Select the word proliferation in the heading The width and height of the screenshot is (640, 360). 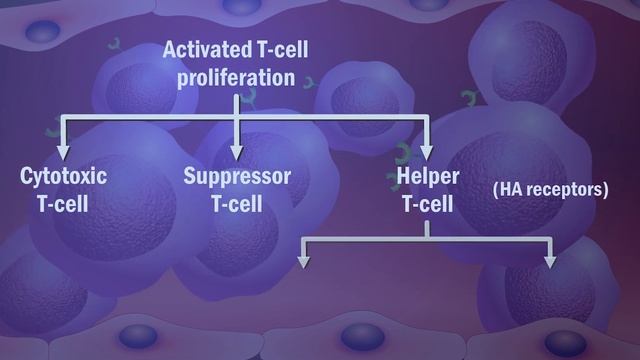(x=236, y=77)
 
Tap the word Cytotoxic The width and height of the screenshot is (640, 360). (x=64, y=178)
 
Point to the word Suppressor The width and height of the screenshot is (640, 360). (x=237, y=178)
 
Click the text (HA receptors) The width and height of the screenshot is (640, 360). (x=550, y=189)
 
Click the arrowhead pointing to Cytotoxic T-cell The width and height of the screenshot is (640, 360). (x=62, y=151)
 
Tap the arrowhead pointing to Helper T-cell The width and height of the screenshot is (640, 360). (x=427, y=151)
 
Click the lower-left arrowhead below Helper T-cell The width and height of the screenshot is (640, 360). (x=305, y=262)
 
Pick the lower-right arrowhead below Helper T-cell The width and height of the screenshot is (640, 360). (x=551, y=262)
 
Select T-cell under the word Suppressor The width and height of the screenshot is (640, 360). (x=237, y=205)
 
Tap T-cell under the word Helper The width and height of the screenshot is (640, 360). (x=427, y=205)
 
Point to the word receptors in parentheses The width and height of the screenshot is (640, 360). (x=565, y=189)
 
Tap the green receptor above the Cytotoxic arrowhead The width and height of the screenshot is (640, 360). (x=50, y=131)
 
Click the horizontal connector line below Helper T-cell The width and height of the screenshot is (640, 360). (x=428, y=240)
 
